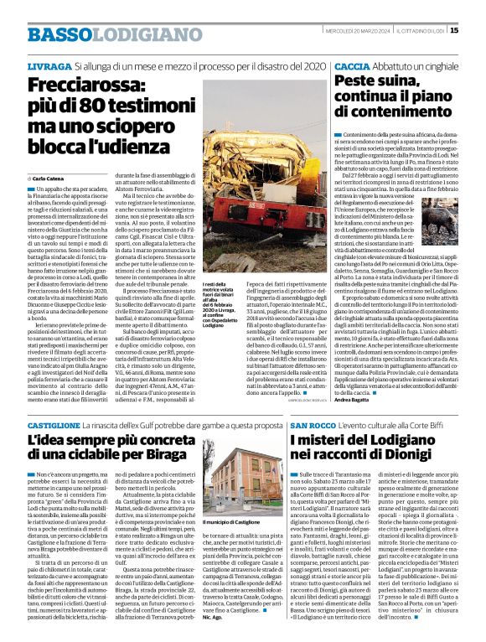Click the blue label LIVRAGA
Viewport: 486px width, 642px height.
(49, 65)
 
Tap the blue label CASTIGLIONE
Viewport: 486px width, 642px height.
(59, 427)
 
